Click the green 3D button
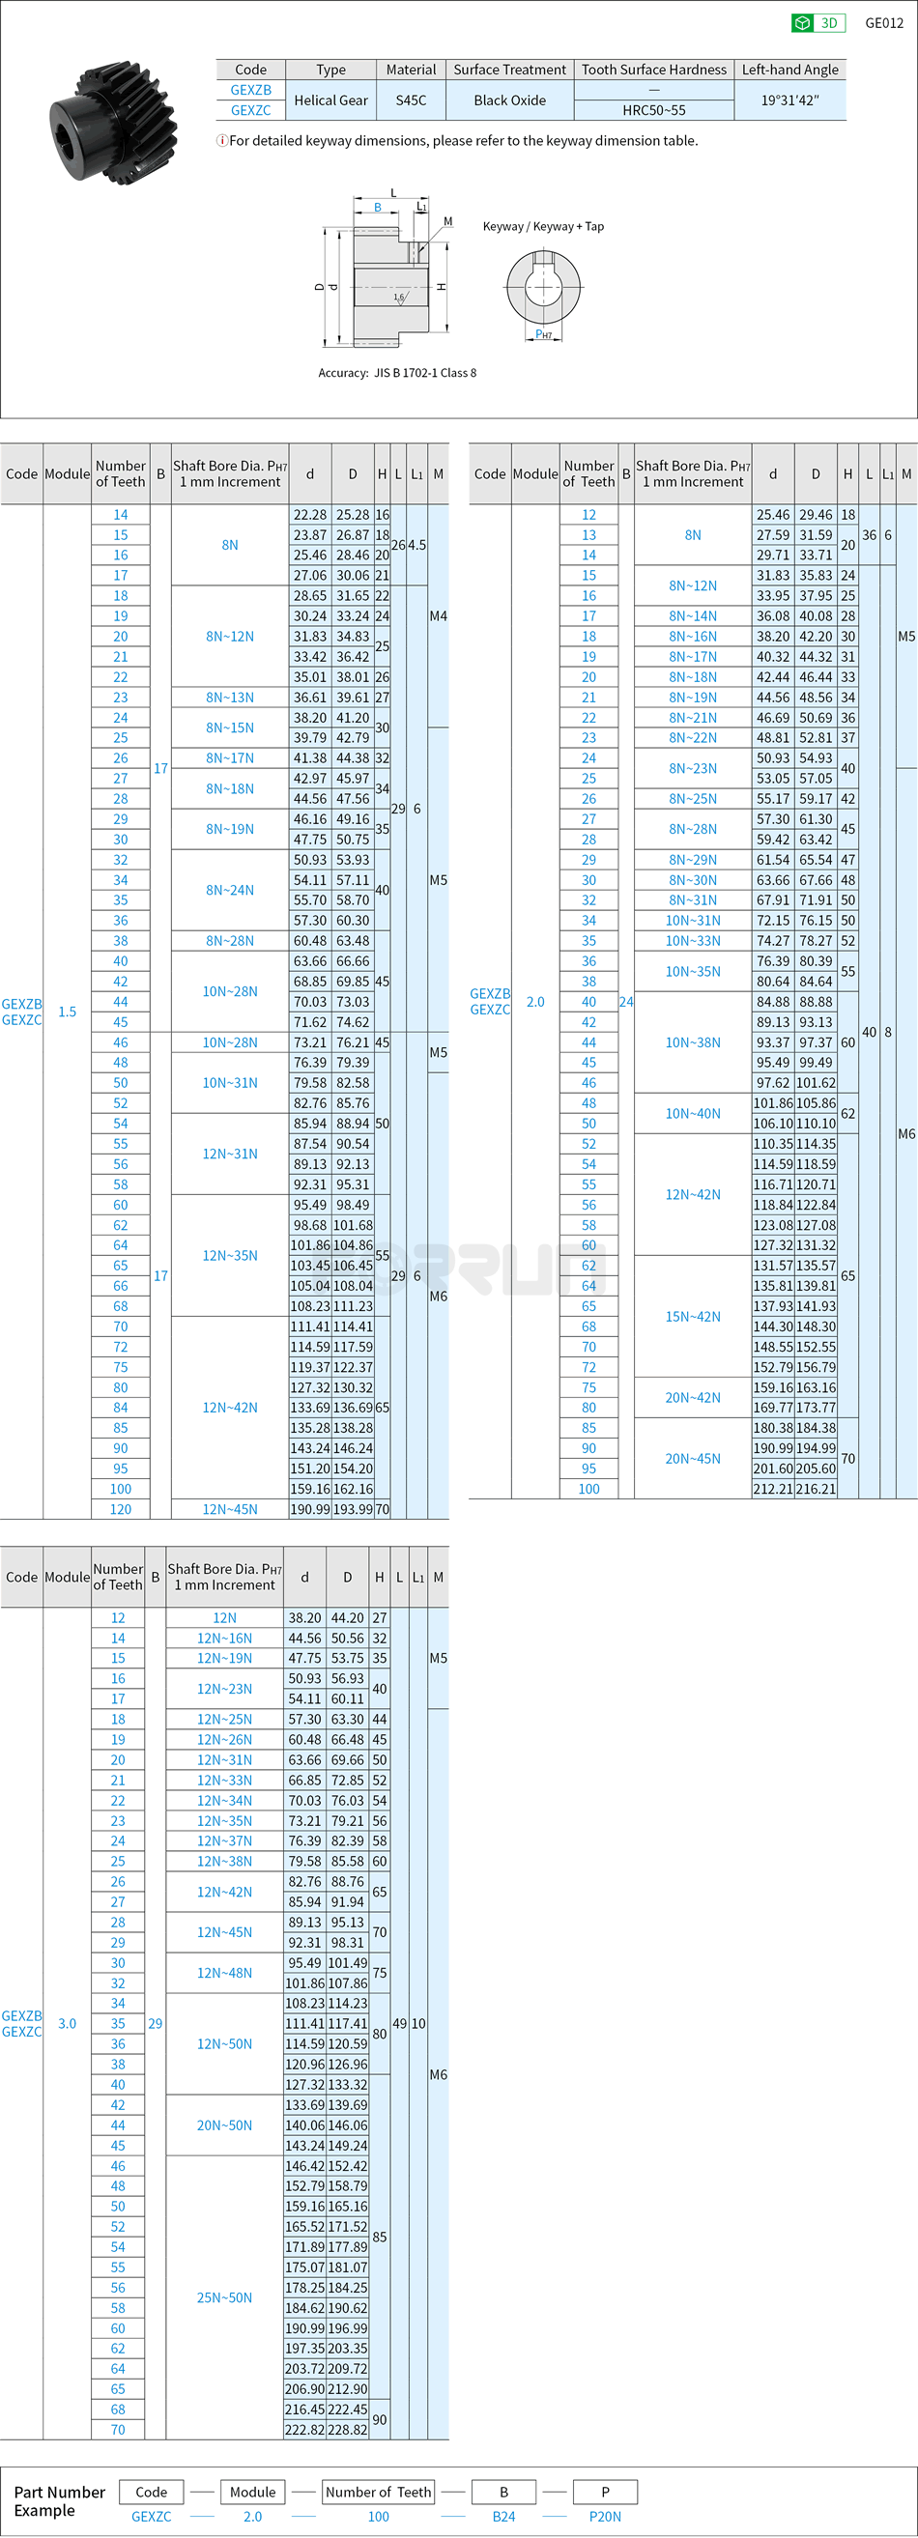click(818, 22)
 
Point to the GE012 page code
click(883, 22)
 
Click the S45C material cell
click(411, 100)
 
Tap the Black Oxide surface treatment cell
click(509, 100)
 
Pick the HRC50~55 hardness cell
click(654, 110)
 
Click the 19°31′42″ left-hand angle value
click(789, 100)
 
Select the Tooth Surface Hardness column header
click(654, 70)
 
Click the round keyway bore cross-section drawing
click(544, 287)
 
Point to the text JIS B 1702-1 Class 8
click(424, 372)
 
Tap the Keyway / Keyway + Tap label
click(543, 227)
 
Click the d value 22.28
click(309, 514)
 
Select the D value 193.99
click(353, 1508)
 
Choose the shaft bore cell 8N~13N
click(230, 698)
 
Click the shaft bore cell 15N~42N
click(693, 1316)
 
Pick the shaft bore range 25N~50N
click(224, 2296)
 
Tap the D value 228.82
click(348, 2429)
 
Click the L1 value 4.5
click(416, 545)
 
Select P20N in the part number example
click(605, 2516)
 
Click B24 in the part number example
click(503, 2516)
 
